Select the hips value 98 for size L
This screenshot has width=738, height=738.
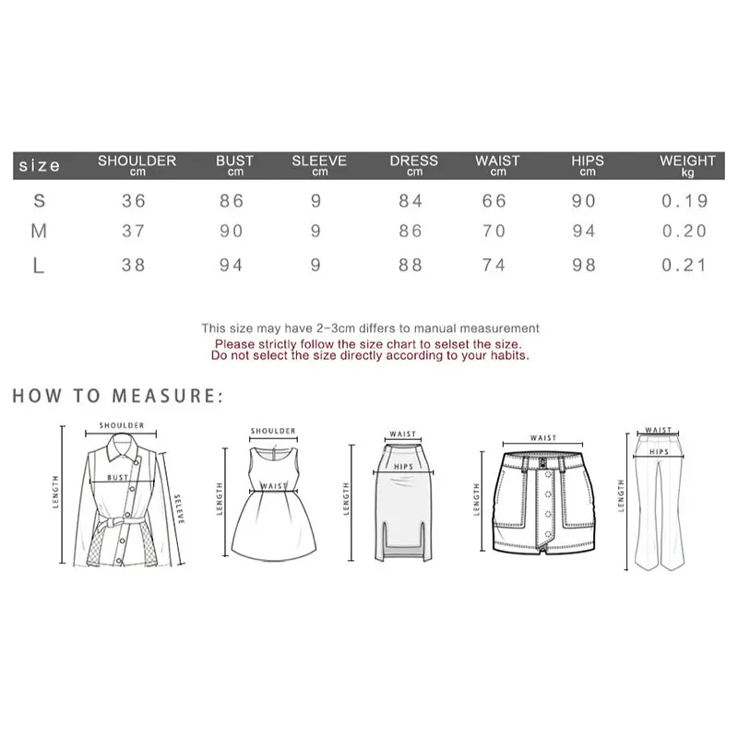point(584,265)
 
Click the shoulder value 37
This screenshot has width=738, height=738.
point(134,232)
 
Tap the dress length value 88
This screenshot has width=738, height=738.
point(411,265)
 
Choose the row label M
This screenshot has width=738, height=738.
point(39,232)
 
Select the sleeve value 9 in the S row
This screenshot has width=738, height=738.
point(316,201)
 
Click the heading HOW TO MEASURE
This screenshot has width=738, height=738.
point(118,397)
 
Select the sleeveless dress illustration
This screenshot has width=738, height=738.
point(271,498)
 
